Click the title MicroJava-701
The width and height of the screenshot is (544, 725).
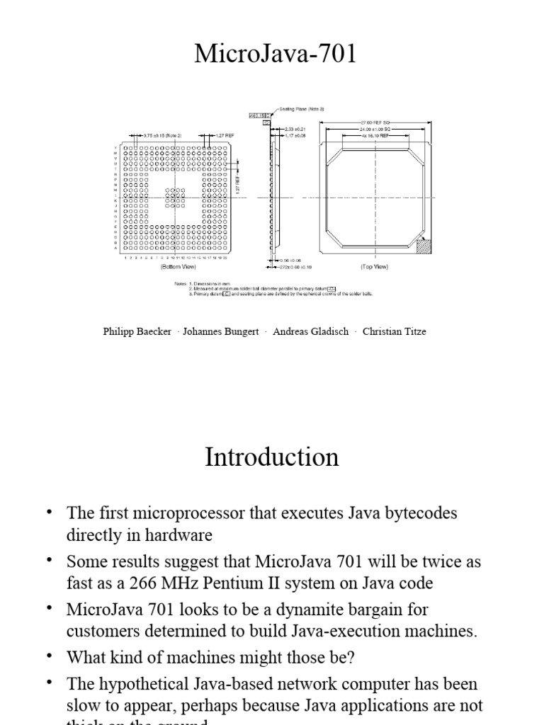[276, 54]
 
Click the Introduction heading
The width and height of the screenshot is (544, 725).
[271, 457]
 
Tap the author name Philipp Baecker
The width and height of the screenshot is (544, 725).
[137, 331]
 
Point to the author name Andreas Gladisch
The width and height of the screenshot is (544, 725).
[310, 331]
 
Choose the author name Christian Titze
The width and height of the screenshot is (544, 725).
[394, 331]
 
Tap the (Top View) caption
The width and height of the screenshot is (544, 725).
[373, 268]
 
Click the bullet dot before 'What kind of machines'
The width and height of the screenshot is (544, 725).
[49, 656]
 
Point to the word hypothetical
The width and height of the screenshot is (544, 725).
[142, 684]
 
